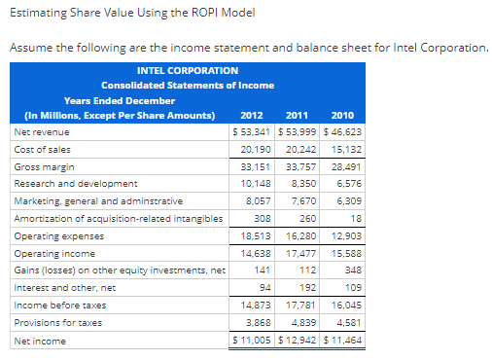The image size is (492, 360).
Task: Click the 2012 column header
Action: point(253,115)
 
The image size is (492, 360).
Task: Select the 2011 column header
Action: point(298,115)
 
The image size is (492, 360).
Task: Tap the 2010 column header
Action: point(342,115)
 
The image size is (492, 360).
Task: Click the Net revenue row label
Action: point(39,130)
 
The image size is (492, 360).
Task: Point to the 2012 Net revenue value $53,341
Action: point(252,130)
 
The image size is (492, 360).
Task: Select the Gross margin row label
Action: point(41,166)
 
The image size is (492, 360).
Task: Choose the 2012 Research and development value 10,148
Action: point(255,183)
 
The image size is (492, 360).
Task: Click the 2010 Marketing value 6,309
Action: point(346,200)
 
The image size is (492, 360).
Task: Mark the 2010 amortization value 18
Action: point(355,218)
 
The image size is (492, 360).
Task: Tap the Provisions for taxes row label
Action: point(51,323)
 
